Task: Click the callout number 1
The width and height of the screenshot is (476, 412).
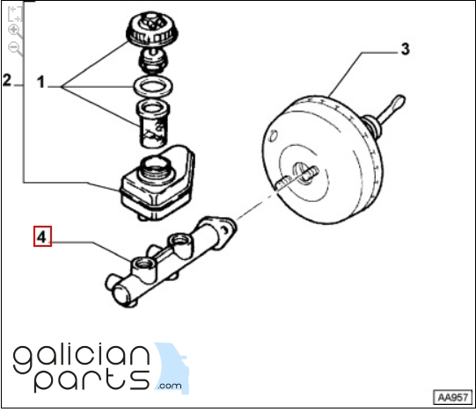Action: [x=40, y=83]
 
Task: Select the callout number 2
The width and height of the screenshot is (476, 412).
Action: [x=7, y=80]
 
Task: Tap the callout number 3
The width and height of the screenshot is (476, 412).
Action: [x=406, y=49]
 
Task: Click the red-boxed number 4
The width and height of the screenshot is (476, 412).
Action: [x=42, y=236]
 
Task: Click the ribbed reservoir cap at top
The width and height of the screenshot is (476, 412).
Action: [x=152, y=30]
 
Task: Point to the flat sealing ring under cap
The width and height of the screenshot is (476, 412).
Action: [x=153, y=87]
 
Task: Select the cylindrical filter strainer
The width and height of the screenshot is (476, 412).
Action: [x=153, y=124]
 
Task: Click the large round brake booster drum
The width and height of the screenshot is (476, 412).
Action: [x=322, y=160]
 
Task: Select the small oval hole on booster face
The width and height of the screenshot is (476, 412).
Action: [x=274, y=136]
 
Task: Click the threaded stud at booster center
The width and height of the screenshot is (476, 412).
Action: [x=309, y=173]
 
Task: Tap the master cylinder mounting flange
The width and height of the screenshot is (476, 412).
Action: [x=221, y=231]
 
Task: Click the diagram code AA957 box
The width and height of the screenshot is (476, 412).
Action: [x=453, y=397]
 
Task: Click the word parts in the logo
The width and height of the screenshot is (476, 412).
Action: [x=92, y=380]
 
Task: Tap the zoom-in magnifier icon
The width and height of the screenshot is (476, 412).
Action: [x=14, y=30]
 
